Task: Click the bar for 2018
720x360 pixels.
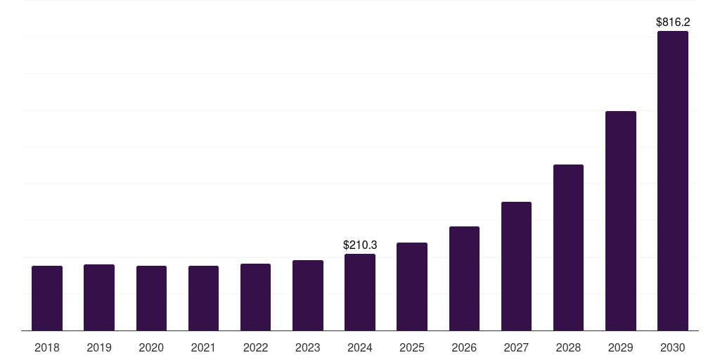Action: coord(47,298)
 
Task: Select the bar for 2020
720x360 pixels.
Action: coord(151,298)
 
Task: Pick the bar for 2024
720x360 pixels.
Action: coord(360,292)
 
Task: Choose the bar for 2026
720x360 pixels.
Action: coord(464,278)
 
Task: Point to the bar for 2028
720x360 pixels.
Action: coord(568,247)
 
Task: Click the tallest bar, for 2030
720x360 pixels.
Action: coord(673,181)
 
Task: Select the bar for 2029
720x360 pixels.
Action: coord(621,221)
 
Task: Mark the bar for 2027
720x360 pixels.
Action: coord(516,266)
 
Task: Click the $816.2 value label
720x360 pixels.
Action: coord(673,22)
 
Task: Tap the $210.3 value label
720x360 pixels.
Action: coord(360,245)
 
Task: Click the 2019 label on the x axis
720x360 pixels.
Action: coord(99,347)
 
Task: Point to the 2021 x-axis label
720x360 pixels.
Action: coord(203,347)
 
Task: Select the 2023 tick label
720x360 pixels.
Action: coord(308,347)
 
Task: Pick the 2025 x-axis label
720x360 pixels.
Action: coord(412,347)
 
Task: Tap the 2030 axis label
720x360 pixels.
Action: coord(673,347)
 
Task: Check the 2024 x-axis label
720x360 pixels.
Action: coord(360,347)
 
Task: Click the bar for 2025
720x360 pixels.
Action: coord(412,286)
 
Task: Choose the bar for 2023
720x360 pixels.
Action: coord(308,295)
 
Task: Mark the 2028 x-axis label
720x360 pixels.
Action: coord(568,347)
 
